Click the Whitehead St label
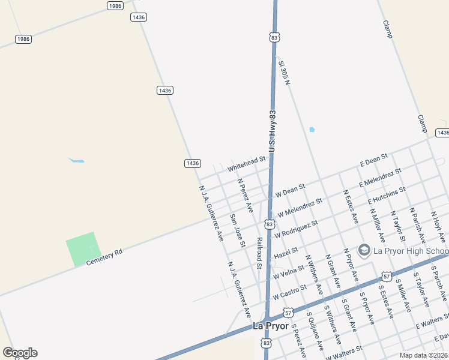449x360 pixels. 246,163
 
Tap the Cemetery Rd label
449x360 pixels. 104,257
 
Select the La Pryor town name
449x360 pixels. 267,326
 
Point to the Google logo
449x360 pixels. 20,353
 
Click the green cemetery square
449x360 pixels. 82,248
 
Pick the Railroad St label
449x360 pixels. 260,253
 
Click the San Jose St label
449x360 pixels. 238,229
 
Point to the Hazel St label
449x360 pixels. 286,253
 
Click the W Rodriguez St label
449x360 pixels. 296,228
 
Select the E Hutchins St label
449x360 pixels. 387,194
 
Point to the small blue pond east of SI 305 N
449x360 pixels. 312,130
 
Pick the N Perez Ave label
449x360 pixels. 245,196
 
